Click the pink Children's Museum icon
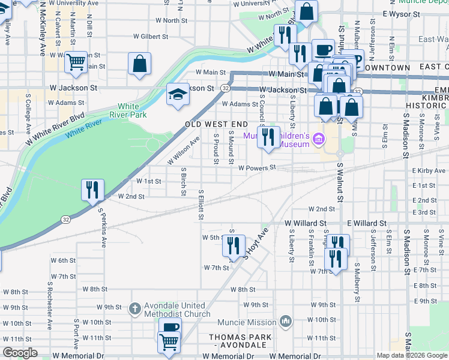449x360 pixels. [318, 140]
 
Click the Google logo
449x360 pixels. [20, 353]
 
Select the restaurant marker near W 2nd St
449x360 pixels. [92, 190]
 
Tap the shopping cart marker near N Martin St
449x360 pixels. [76, 62]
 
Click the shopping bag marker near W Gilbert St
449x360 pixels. [139, 64]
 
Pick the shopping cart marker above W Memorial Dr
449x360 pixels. [169, 343]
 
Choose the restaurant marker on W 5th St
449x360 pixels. [234, 245]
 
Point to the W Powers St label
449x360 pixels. [256, 168]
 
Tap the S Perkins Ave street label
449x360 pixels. [103, 229]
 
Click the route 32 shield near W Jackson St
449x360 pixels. [224, 88]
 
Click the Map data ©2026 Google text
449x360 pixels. [412, 355]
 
